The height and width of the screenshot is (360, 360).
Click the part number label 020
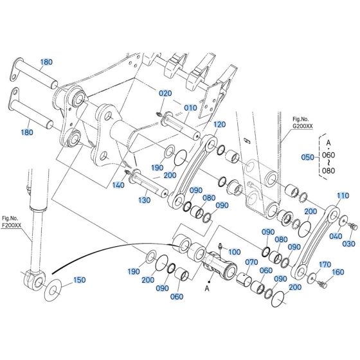point(165,93)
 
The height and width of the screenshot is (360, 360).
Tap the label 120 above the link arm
point(219,124)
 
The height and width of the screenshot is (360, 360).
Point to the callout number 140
point(118,184)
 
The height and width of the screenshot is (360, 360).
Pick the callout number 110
point(343,195)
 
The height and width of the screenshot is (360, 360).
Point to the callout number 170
point(325,264)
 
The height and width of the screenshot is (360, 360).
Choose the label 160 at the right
point(337,272)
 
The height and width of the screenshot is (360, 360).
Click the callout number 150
point(79,280)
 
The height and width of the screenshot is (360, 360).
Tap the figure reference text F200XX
point(11,226)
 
